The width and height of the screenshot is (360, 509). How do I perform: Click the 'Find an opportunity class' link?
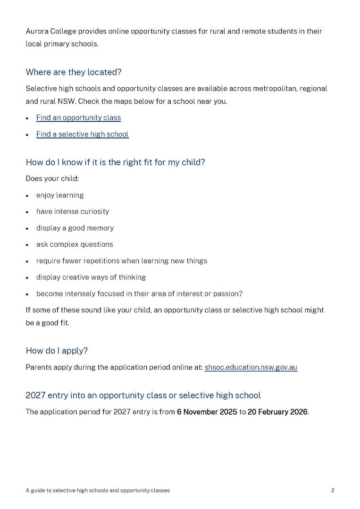78,118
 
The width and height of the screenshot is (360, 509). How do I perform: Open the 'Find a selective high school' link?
82,134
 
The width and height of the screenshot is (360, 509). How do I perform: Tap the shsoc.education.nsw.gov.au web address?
251,367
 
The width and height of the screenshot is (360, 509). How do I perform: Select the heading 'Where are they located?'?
73,72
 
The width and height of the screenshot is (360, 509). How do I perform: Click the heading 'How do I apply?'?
57,351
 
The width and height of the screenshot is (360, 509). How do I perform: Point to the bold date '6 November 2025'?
207,412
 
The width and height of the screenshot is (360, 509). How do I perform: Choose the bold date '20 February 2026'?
277,412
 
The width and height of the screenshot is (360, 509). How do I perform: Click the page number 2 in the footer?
333,491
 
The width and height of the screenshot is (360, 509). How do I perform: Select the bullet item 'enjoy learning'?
60,195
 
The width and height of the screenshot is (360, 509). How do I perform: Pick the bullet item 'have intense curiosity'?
73,212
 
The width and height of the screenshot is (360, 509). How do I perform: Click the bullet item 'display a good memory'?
75,228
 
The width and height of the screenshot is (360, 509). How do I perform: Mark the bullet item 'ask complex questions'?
75,244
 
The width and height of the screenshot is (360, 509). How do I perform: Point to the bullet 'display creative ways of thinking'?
91,277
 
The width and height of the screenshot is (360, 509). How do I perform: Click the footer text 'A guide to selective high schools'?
67,491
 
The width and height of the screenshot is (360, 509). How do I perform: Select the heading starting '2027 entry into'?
143,395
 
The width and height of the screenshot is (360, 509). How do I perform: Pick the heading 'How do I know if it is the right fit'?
115,162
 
